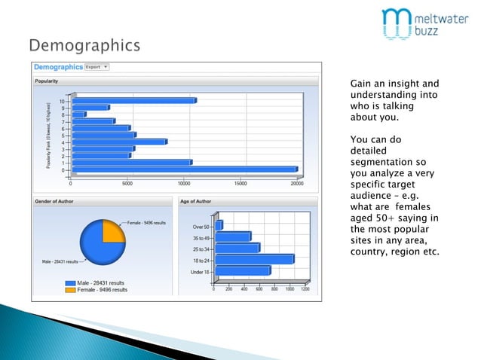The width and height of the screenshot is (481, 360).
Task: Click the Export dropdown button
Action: pos(97,66)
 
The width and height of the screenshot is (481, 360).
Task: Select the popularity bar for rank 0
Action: pos(185,169)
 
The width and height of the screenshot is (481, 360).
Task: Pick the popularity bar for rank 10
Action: pos(134,100)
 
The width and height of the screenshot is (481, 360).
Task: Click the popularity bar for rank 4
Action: pos(119,142)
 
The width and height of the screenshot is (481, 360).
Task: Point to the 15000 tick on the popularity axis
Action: pos(240,182)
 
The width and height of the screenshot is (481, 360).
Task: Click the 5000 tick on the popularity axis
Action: pos(127,182)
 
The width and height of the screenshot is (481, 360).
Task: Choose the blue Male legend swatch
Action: pos(71,282)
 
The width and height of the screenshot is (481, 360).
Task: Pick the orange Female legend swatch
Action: pos(71,289)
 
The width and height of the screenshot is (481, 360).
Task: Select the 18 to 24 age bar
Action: pos(253,259)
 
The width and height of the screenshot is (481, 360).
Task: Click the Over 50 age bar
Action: pos(219,225)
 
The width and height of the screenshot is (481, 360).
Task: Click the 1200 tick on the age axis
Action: pos(305,288)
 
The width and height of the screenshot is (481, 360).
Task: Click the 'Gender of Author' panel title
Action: pos(55,201)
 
